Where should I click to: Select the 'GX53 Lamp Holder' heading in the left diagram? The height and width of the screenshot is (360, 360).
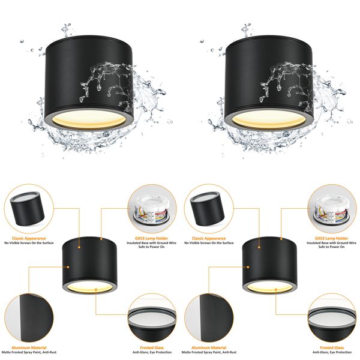151,238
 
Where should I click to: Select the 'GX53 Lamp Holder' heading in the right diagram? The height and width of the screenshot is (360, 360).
331,238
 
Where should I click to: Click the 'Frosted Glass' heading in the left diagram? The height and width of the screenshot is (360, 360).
151,347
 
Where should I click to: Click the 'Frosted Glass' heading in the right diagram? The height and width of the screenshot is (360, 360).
331,347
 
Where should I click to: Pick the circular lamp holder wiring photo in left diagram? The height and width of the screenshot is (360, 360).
151,208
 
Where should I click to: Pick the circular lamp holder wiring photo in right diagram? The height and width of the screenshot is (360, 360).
331,208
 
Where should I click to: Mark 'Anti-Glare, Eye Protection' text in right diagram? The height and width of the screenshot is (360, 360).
331,353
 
